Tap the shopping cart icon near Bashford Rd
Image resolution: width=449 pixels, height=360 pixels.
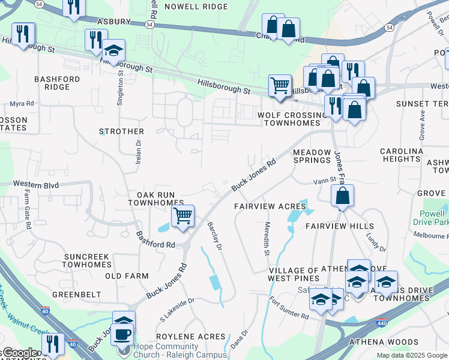click(182, 215)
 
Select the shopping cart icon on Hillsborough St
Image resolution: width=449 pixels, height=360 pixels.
click(280, 85)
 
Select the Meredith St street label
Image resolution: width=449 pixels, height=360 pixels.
click(267, 238)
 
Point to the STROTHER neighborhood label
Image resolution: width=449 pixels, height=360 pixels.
click(122, 131)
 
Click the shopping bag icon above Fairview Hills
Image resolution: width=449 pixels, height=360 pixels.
click(342, 196)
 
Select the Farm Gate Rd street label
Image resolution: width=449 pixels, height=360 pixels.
click(28, 210)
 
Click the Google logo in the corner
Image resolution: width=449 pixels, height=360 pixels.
click(19, 353)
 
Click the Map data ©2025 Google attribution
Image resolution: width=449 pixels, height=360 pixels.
click(411, 355)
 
